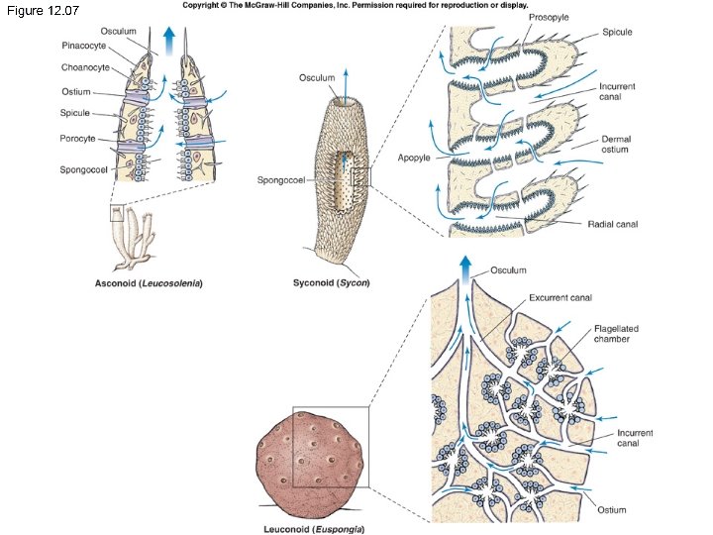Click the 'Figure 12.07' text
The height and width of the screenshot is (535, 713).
click(x=44, y=10)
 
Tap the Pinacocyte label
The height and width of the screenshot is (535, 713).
click(x=84, y=46)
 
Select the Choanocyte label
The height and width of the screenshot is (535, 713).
click(x=83, y=69)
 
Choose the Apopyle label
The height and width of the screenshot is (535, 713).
click(x=414, y=158)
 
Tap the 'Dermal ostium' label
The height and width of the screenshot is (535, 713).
click(x=616, y=145)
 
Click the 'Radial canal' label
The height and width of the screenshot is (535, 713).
click(x=614, y=224)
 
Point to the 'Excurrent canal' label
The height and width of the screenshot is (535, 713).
click(x=560, y=297)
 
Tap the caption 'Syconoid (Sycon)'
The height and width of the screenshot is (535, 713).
click(x=331, y=283)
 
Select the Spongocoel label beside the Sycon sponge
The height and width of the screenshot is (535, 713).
click(x=279, y=180)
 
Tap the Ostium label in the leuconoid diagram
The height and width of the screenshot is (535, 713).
click(x=612, y=510)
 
